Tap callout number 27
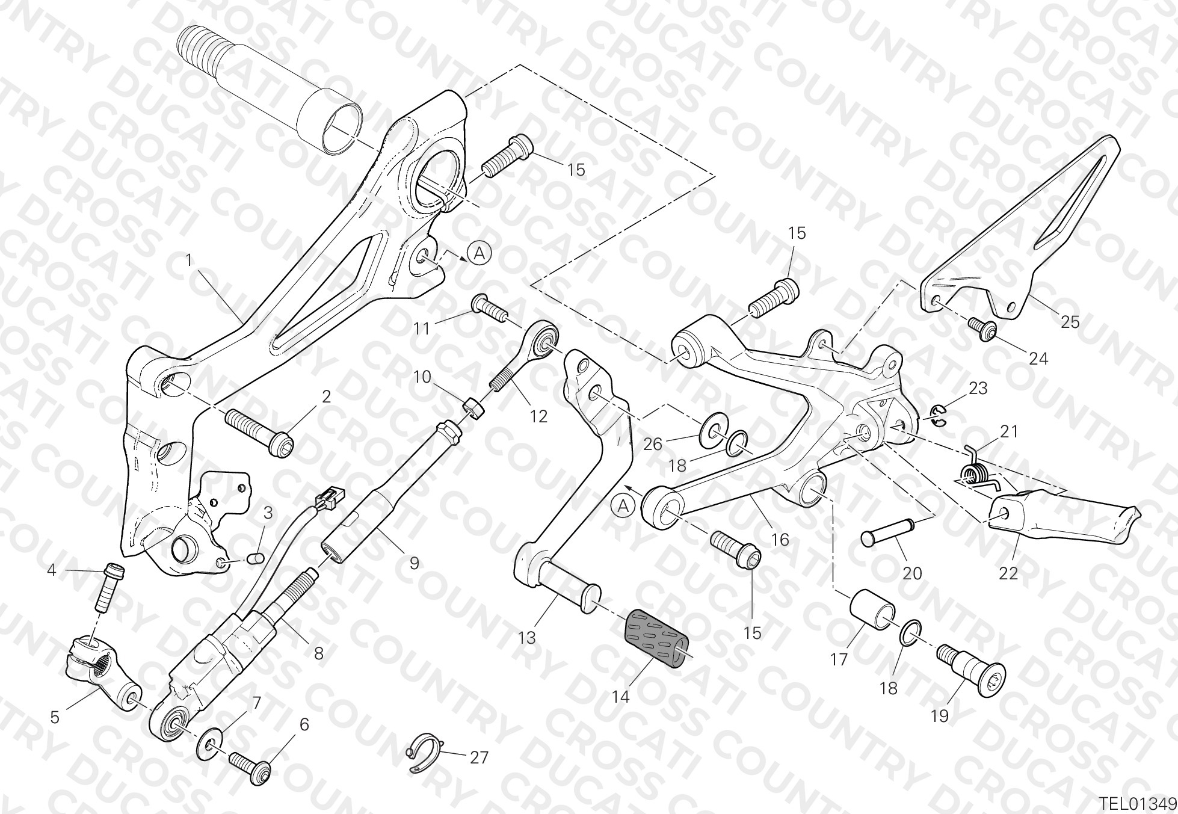click(479, 757)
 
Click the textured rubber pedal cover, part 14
click(657, 638)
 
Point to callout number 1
click(189, 261)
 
